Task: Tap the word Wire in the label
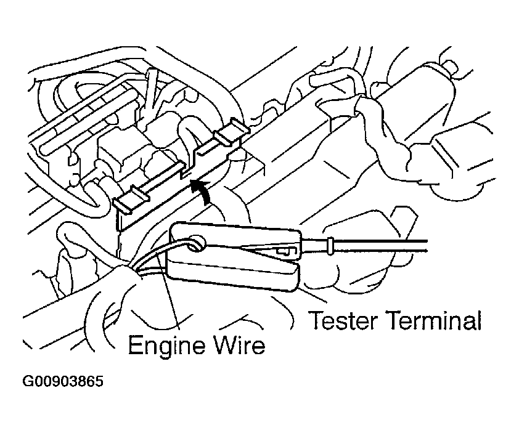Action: click(x=240, y=345)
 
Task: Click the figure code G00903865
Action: click(x=63, y=381)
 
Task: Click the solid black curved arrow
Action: click(x=203, y=190)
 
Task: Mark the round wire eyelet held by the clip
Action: click(x=197, y=245)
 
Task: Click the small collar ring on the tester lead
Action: click(x=330, y=246)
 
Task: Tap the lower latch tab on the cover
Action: click(x=132, y=200)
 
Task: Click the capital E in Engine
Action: click(x=135, y=345)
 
